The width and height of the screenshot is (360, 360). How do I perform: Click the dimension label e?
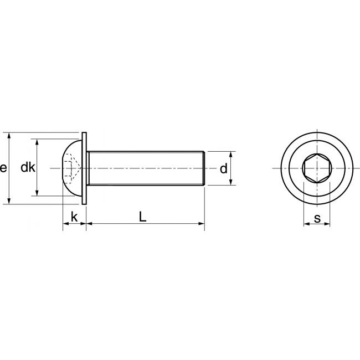[x=4, y=168]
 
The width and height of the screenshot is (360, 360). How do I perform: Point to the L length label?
[x=142, y=217]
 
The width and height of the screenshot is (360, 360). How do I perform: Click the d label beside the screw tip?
[x=223, y=168]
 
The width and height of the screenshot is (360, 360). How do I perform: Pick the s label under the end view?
[x=317, y=218]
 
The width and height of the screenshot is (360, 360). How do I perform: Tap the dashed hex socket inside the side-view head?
[x=71, y=168]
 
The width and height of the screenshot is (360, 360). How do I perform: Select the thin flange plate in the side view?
[x=84, y=168]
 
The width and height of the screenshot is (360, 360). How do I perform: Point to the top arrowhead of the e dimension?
[x=10, y=136]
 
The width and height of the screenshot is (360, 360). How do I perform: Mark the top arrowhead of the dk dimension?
[x=37, y=142]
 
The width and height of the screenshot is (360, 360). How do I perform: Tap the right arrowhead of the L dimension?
[x=202, y=224]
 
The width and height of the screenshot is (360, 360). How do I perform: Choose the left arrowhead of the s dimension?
[x=306, y=225]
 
